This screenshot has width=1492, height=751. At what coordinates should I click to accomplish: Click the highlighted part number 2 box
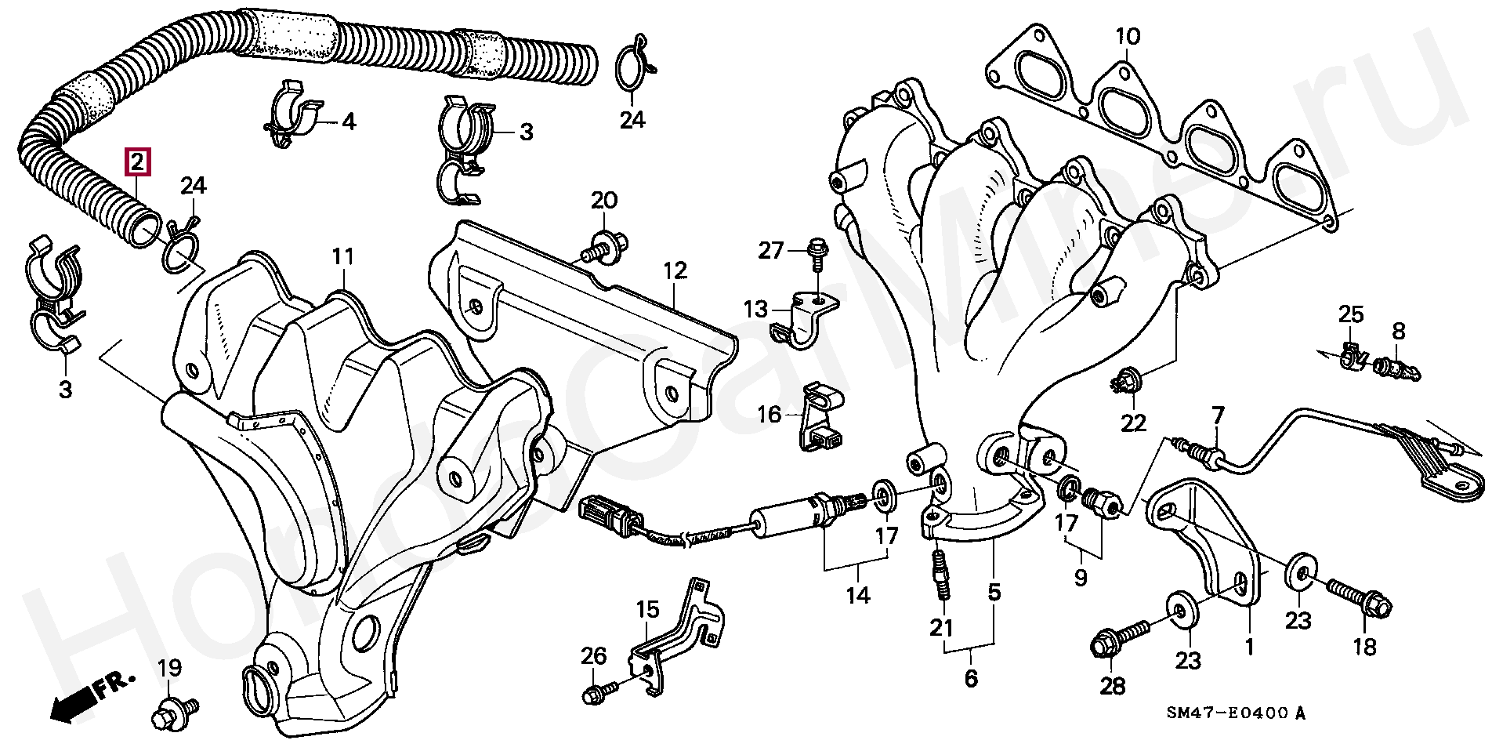click(x=136, y=162)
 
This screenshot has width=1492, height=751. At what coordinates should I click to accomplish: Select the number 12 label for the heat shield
click(x=675, y=271)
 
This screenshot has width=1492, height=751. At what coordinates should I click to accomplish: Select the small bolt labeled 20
click(x=603, y=245)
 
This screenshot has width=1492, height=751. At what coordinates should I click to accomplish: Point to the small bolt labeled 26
click(x=599, y=692)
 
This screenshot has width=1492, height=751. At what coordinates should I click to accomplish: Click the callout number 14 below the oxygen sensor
click(x=857, y=595)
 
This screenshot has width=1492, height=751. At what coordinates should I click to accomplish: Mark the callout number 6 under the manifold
click(x=971, y=677)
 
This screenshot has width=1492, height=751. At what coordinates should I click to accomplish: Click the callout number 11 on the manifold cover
click(x=342, y=256)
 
